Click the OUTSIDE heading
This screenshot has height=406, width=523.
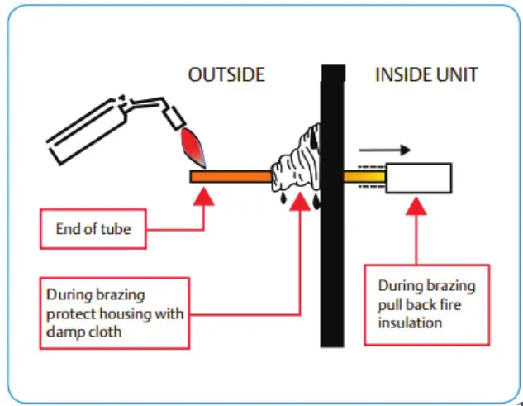point(226,75)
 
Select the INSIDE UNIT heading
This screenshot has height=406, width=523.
point(426,75)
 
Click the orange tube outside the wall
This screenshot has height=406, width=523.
point(231,176)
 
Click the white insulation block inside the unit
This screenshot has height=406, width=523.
point(418,178)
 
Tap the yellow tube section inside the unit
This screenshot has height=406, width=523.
point(364,177)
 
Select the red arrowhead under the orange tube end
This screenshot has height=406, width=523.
point(203,198)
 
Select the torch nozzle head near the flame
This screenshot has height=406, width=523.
point(175,118)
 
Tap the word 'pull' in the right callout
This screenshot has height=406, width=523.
point(392,304)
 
